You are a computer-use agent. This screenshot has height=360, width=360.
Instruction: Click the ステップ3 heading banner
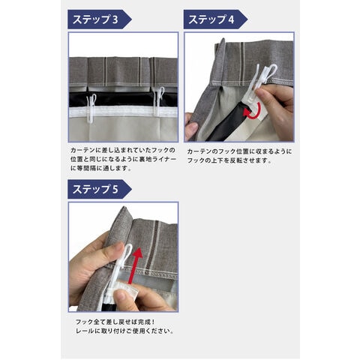[x=100, y=19]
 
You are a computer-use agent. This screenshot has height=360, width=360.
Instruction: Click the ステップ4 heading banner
[x=215, y=19]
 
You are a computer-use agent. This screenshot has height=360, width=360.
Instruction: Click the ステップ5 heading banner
[x=100, y=189]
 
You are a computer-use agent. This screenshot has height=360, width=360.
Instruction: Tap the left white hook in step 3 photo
[x=91, y=108]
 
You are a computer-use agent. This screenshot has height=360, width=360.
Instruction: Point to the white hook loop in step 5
[x=128, y=253]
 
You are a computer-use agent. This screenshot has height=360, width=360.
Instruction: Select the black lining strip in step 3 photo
[x=123, y=100]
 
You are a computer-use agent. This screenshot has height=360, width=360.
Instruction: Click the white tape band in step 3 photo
[x=123, y=112]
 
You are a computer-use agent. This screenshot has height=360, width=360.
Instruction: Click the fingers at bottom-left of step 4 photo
[x=192, y=127]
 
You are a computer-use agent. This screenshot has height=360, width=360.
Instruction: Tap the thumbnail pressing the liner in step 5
[x=121, y=295]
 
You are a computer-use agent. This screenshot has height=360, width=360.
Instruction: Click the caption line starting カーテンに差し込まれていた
[x=123, y=150]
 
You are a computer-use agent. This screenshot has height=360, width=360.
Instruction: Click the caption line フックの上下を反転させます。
[x=229, y=160]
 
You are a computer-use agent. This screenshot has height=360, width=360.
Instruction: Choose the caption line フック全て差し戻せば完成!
[x=115, y=322]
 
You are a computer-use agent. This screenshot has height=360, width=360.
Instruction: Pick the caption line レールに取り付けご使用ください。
[x=124, y=331]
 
